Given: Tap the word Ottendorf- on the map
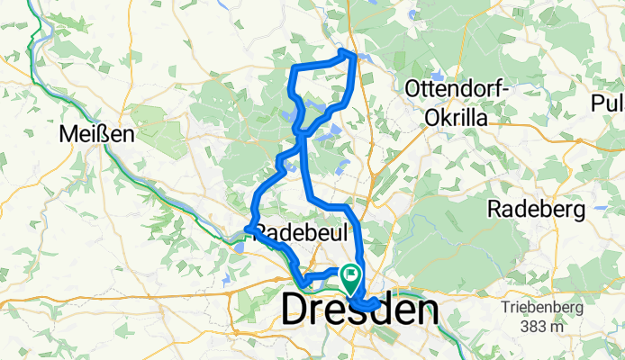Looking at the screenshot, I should click(458, 89).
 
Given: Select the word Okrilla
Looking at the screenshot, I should click(458, 117).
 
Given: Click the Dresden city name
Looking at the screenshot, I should click(360, 310).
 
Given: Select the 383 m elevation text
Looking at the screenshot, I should click(544, 325).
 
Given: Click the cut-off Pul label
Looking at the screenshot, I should click(608, 103).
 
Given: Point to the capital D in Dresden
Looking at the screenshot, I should click(298, 310).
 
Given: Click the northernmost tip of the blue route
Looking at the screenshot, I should click(345, 51).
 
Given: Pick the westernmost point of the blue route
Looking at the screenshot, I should click(246, 229).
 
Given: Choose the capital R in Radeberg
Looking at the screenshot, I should click(494, 209).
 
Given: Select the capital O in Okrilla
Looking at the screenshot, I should click(431, 117).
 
